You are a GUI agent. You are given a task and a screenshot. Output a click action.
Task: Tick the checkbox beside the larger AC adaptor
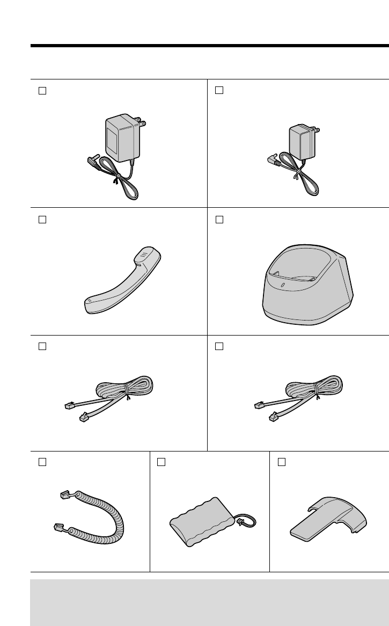click(42, 90)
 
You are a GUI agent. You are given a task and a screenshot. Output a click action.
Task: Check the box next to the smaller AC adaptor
click(219, 90)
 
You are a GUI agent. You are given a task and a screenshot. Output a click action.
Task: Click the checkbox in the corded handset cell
click(42, 220)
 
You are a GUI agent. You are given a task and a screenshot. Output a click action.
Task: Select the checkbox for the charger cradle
click(219, 220)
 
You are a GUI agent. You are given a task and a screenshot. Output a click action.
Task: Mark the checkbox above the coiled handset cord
click(42, 461)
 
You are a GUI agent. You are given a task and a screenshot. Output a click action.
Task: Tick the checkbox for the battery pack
click(161, 461)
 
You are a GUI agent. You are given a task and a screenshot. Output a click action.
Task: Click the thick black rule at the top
click(209, 46)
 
